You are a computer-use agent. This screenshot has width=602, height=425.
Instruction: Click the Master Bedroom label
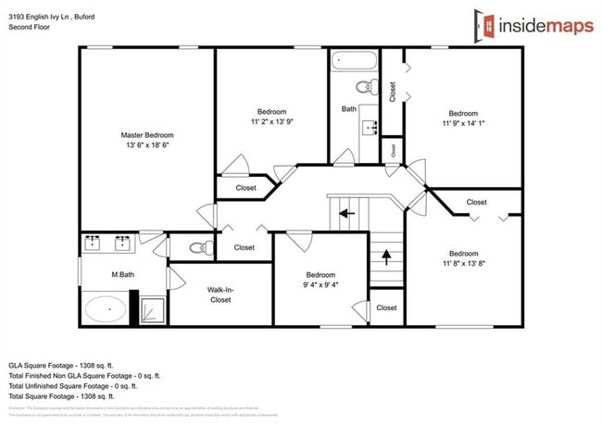click(147, 135)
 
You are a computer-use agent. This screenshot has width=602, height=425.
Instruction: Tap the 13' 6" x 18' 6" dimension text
click(147, 145)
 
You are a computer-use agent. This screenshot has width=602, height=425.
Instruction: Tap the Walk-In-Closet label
click(220, 294)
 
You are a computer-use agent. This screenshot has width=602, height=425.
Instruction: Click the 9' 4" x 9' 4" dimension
click(320, 285)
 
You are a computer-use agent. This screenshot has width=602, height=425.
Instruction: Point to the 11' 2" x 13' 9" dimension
click(271, 121)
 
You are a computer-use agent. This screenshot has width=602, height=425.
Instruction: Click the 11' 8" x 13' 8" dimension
click(463, 264)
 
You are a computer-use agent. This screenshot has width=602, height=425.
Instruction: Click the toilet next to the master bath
click(198, 247)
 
